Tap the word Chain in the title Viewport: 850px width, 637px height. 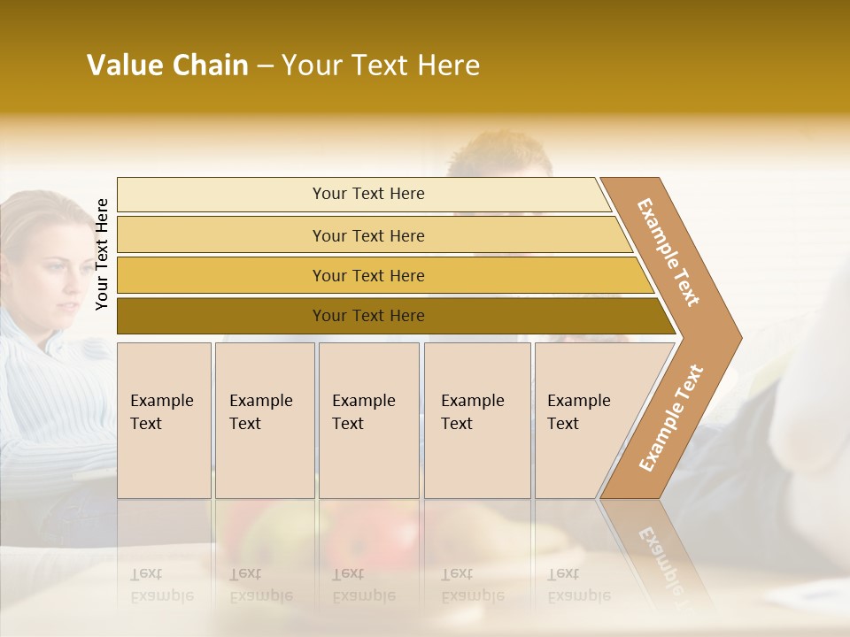(211, 65)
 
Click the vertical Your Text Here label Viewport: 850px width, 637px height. (103, 254)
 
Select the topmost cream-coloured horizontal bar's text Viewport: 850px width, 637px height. (368, 194)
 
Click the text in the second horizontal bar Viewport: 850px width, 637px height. (368, 235)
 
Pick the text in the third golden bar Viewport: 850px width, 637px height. (368, 275)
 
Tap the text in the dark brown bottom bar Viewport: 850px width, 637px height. (368, 316)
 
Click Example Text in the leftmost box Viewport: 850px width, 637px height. (161, 412)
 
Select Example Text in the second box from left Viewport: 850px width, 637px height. (260, 412)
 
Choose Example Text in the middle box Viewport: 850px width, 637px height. (363, 412)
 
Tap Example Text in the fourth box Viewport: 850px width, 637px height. (472, 412)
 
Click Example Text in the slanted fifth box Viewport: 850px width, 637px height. (578, 412)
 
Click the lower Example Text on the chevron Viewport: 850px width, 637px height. (671, 418)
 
